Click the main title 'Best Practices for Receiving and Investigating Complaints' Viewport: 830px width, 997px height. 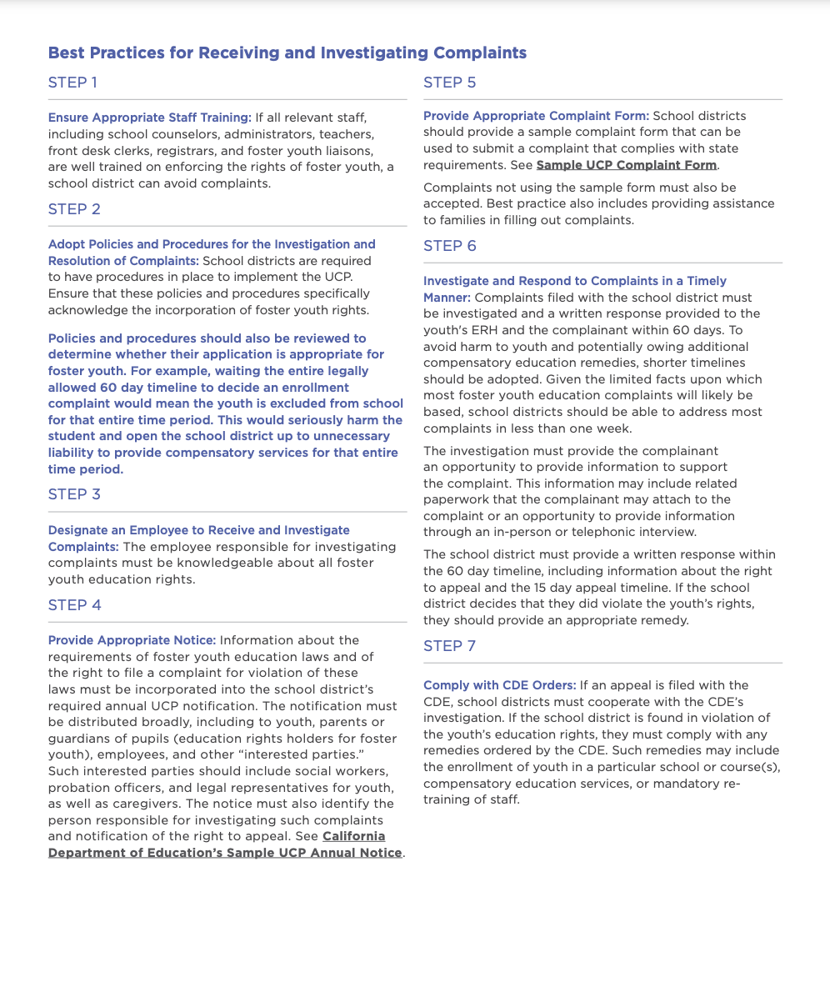[287, 53]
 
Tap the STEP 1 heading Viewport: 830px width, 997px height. [73, 83]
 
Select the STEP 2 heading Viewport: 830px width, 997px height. [74, 209]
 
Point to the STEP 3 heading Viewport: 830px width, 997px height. [74, 494]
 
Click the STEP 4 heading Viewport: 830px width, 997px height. [75, 604]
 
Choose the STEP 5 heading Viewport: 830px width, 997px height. [450, 83]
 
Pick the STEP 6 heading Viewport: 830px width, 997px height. [450, 246]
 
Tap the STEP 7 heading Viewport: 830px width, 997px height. [450, 646]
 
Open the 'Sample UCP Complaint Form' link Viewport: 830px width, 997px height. [627, 165]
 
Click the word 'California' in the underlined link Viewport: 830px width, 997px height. [354, 836]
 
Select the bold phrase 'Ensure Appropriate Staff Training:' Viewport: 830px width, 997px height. [150, 118]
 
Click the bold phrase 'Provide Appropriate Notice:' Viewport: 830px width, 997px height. [132, 640]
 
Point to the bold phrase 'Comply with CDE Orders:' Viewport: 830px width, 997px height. [499, 685]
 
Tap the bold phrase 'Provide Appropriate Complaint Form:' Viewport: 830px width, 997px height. [536, 116]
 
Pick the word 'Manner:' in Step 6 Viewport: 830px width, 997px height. [447, 298]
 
